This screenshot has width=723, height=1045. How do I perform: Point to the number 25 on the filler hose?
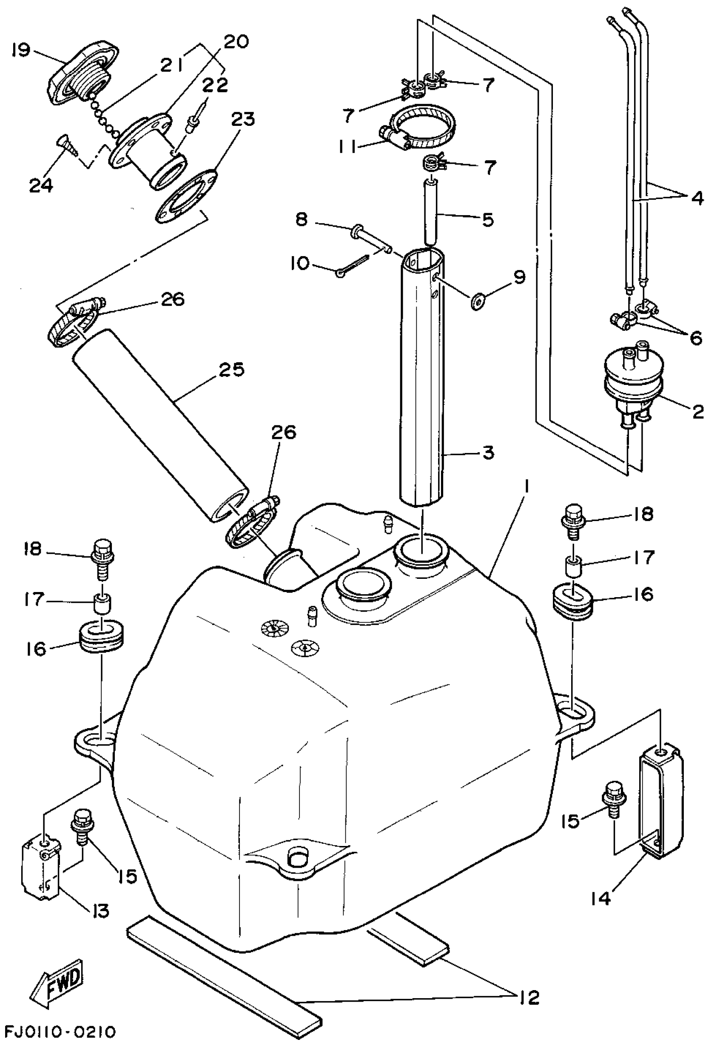[x=231, y=369]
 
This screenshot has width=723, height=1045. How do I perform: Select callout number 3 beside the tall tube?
[x=487, y=452]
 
